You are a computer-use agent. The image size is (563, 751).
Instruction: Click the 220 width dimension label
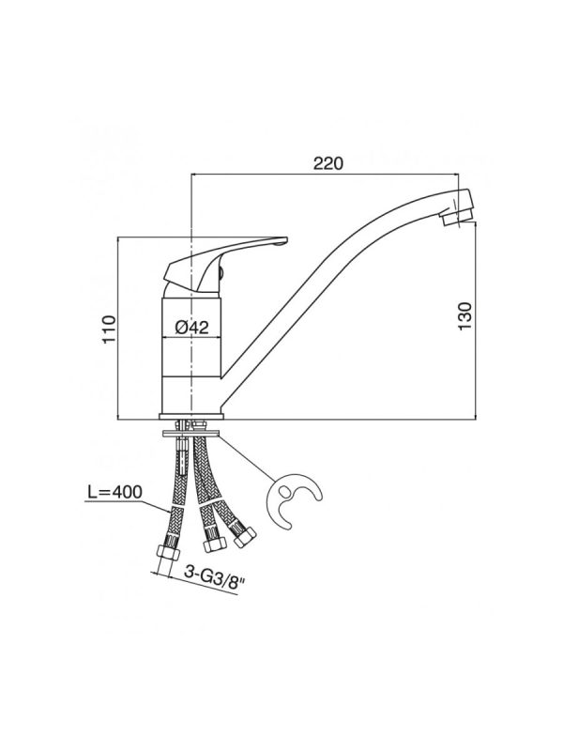click(x=328, y=163)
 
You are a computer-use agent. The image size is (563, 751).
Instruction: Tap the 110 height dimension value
click(x=110, y=329)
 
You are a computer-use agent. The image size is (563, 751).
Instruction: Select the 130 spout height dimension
click(x=464, y=315)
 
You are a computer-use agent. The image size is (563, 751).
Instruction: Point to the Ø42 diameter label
click(x=192, y=328)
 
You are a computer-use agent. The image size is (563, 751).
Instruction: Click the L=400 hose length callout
click(x=114, y=492)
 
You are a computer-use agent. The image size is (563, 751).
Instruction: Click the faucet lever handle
click(x=225, y=264)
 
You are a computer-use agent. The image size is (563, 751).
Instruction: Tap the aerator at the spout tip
click(x=457, y=216)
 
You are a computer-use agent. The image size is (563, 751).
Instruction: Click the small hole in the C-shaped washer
click(x=284, y=491)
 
